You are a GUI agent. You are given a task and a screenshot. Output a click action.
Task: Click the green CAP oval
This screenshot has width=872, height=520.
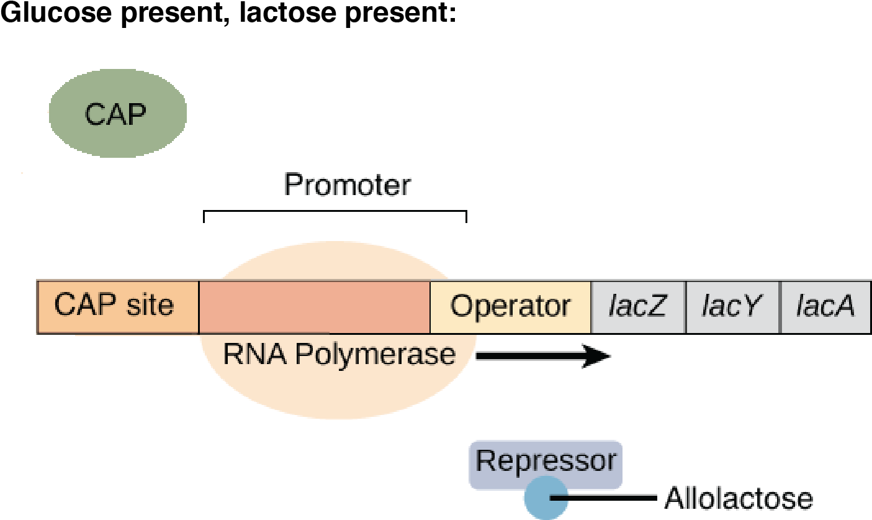[117, 112]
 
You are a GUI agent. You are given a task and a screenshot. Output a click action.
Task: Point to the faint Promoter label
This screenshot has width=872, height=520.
[347, 185]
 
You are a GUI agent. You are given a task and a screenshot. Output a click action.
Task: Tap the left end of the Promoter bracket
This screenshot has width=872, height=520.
[204, 216]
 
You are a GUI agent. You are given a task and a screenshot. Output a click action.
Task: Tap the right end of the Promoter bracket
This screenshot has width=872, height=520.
[466, 216]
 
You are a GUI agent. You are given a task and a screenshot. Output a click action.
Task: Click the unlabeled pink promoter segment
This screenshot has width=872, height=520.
[314, 306]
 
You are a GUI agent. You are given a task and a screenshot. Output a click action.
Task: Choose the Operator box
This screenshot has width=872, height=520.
[510, 306]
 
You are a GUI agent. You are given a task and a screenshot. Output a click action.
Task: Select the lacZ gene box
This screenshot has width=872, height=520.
[638, 306]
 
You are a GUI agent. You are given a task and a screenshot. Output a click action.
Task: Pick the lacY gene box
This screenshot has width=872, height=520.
[732, 306]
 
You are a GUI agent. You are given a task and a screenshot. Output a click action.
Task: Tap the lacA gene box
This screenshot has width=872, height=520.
[825, 306]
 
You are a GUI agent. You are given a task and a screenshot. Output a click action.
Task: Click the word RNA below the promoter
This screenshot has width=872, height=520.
[255, 354]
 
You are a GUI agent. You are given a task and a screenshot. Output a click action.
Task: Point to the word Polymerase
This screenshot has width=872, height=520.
[375, 354]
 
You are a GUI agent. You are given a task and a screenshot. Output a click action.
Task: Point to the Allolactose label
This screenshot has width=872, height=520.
[738, 498]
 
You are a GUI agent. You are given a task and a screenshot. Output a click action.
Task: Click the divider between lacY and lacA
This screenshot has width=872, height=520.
[780, 306]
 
